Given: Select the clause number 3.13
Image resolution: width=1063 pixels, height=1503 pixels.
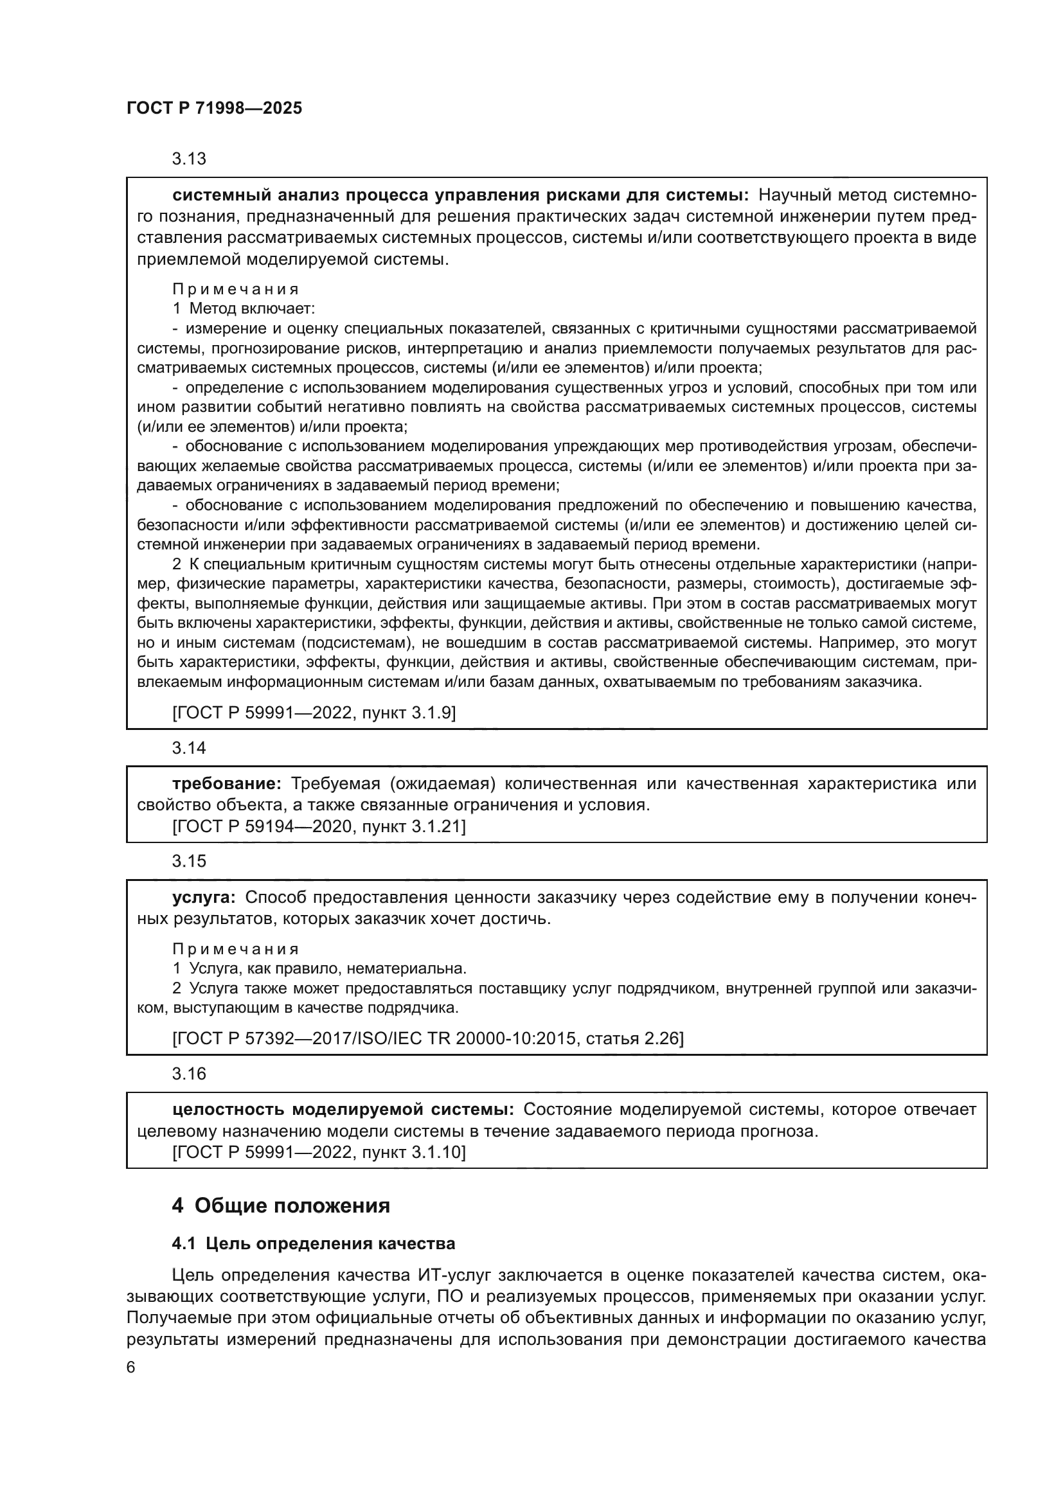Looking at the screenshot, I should (x=188, y=159).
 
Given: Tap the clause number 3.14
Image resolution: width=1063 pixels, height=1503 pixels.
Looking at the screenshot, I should (x=188, y=747).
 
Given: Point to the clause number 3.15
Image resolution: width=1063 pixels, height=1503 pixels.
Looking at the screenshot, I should (x=188, y=861).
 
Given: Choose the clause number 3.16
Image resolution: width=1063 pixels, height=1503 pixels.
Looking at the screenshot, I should (x=188, y=1074).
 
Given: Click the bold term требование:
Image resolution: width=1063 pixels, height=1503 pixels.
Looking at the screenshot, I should (x=226, y=783).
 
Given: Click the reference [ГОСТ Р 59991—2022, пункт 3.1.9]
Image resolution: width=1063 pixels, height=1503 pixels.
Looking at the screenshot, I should (x=314, y=712).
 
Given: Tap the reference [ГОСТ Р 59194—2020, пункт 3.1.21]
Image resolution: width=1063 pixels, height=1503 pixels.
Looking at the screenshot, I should (x=319, y=826).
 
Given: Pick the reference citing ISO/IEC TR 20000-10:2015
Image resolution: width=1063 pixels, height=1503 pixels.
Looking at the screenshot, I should (x=427, y=1038).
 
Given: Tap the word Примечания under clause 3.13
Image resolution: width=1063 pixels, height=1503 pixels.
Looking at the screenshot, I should (x=236, y=289).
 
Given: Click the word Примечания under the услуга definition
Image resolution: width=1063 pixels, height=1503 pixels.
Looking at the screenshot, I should (x=236, y=948).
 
